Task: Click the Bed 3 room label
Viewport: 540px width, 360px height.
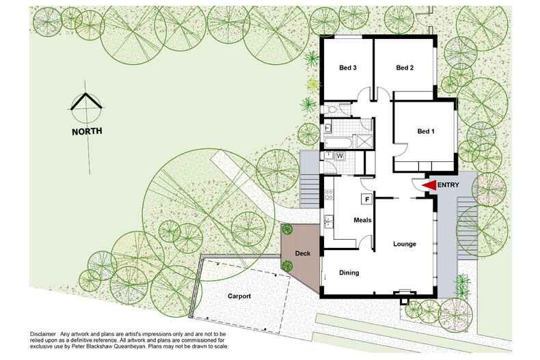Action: click(x=349, y=68)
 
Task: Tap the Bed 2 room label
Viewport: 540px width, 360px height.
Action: click(x=405, y=68)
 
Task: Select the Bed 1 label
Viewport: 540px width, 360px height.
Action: click(x=425, y=131)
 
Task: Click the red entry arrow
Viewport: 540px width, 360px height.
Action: click(x=429, y=184)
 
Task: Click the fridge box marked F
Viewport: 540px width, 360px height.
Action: click(x=367, y=199)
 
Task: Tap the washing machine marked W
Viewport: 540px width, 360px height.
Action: click(x=340, y=156)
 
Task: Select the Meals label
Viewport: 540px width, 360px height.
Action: click(x=362, y=220)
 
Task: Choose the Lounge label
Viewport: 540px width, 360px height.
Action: click(x=405, y=244)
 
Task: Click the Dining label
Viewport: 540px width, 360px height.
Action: click(x=349, y=273)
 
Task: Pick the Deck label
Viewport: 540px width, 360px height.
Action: click(x=303, y=254)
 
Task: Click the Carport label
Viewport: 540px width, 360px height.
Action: click(x=235, y=297)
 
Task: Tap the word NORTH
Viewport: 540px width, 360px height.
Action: click(x=87, y=130)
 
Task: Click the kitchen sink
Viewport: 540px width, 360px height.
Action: click(x=328, y=220)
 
